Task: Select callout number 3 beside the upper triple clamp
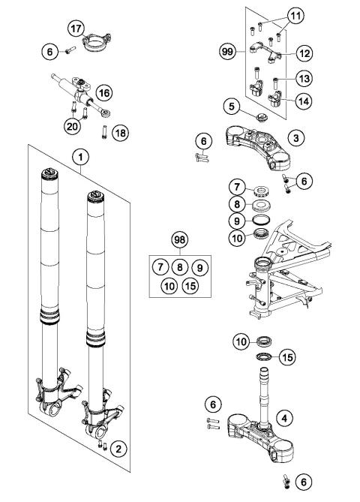298,138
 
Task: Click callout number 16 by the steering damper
103,92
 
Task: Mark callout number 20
72,126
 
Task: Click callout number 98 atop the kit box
178,240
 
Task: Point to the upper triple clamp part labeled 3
259,139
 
